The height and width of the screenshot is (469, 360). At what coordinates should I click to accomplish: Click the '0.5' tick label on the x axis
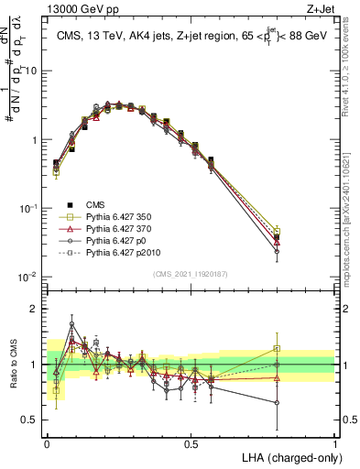(x=191, y=442)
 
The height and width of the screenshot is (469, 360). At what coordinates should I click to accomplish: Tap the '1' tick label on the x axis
(x=334, y=442)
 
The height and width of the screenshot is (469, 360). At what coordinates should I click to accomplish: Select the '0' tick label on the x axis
(x=47, y=442)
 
